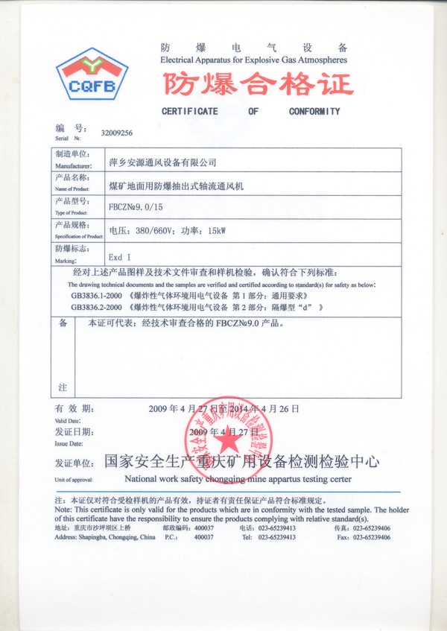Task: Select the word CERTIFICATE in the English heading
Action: coord(190,112)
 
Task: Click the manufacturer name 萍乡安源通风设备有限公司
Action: coord(162,161)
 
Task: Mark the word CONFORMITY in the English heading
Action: coord(314,112)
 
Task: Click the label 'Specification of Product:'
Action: coord(72,235)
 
